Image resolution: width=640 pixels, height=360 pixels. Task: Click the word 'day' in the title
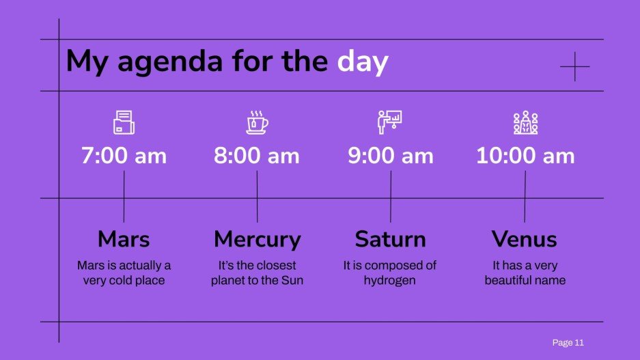(x=363, y=62)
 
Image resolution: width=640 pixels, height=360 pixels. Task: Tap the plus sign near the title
(x=574, y=66)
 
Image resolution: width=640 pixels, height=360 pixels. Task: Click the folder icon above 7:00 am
(x=124, y=122)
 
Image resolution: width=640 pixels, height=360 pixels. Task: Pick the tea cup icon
(x=257, y=122)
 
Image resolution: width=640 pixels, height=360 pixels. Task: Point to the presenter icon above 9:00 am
(x=390, y=122)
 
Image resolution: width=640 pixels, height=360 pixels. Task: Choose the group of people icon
(x=525, y=122)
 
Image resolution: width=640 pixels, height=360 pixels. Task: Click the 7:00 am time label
(x=124, y=156)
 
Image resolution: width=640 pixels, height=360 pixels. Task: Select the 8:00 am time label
(x=257, y=156)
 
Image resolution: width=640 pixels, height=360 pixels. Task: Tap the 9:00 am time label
(x=390, y=156)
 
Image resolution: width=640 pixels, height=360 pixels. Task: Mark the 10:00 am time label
(x=525, y=156)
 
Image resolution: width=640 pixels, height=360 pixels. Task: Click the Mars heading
(x=124, y=239)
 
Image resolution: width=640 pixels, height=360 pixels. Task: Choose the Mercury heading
(x=257, y=239)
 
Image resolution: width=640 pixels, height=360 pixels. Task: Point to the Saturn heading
(x=390, y=239)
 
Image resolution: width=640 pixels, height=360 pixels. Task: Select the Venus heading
(x=525, y=239)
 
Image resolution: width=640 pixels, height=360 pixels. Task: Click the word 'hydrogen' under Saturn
(x=389, y=280)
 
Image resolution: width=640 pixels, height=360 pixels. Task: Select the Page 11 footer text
(x=568, y=342)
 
